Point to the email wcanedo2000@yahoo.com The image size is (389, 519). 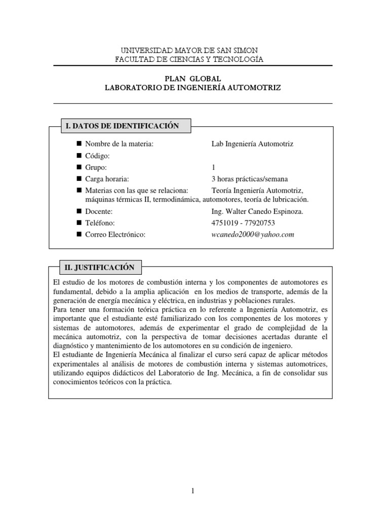click(253, 235)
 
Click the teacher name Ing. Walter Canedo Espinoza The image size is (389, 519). click(257, 211)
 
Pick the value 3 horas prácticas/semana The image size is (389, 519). click(250, 178)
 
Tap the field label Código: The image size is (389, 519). click(97, 156)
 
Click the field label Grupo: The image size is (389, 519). click(96, 167)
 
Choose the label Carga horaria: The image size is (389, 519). click(107, 178)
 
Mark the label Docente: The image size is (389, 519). click(99, 211)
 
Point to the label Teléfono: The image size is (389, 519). click(100, 223)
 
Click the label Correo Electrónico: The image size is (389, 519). click(115, 235)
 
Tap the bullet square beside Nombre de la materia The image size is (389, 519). click(79, 144)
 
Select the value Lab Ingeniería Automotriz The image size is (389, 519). click(252, 144)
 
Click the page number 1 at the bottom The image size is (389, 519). click(193, 491)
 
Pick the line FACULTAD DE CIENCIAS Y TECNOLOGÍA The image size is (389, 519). click(190, 59)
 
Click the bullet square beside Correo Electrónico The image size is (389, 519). click(79, 235)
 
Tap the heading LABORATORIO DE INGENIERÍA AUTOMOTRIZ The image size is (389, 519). click(192, 87)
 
